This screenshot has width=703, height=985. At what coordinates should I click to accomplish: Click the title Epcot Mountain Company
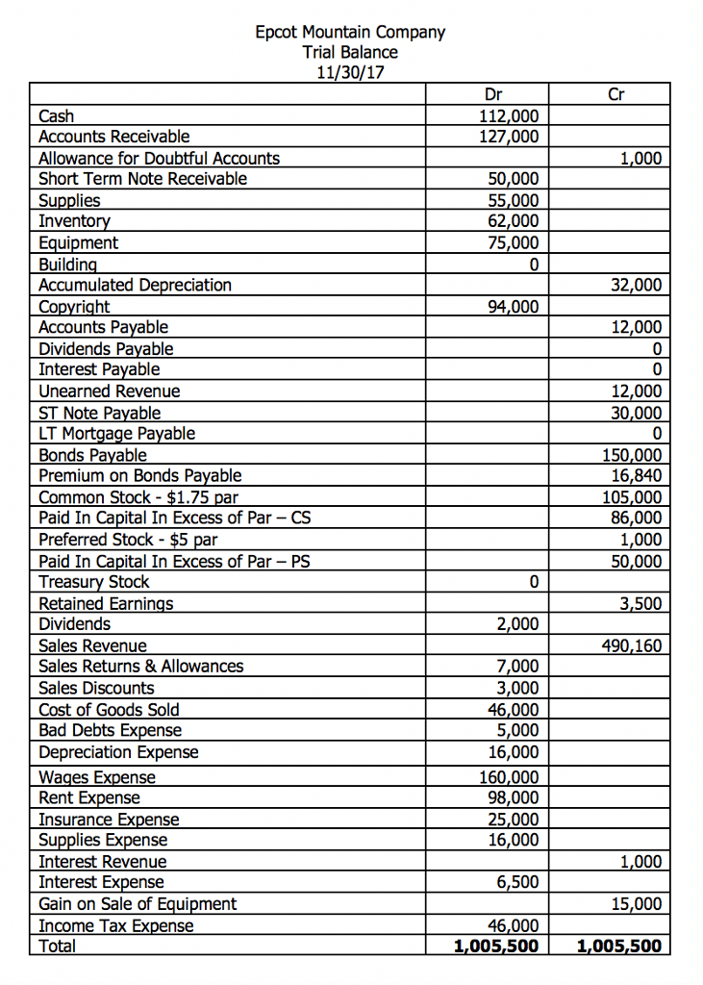point(350,32)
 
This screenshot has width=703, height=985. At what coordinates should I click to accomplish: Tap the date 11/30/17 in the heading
point(350,72)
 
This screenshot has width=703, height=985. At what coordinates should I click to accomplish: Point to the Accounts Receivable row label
point(113,137)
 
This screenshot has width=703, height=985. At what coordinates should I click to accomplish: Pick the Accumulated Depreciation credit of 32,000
point(636,285)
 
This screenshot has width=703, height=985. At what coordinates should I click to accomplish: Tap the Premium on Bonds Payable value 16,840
point(636,475)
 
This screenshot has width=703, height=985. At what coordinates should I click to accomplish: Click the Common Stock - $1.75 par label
point(138,497)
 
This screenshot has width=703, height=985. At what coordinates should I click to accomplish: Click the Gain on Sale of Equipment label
point(137,904)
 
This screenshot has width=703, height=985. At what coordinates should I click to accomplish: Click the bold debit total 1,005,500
point(495,947)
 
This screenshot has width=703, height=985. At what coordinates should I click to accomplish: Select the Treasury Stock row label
point(93,582)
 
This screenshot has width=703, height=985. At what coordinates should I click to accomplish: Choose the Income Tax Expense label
point(115,925)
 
